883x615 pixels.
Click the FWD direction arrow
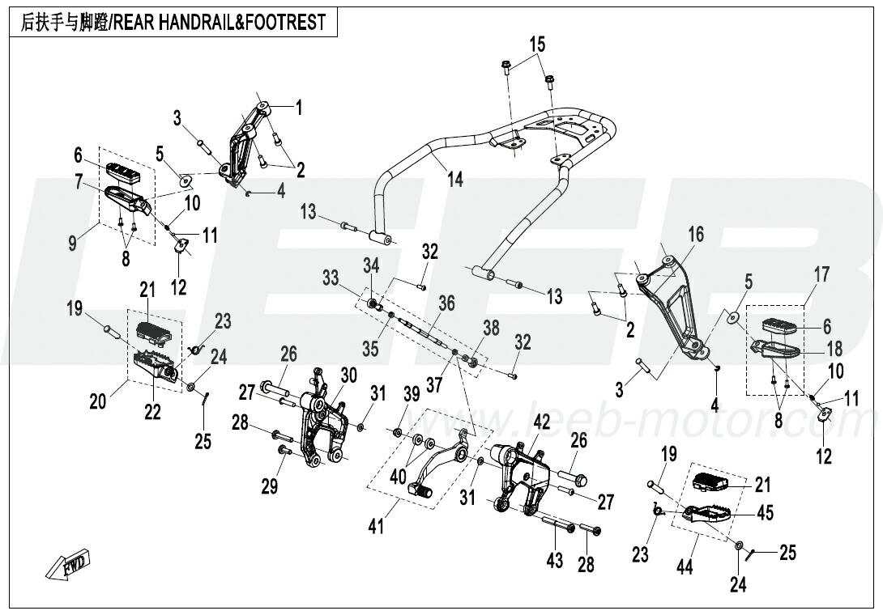point(69,564)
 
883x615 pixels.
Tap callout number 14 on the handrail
point(455,179)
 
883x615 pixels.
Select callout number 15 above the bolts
point(538,45)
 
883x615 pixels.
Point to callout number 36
point(447,303)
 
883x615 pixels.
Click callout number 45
point(764,512)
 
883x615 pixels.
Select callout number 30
point(348,375)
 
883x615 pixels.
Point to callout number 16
point(696,235)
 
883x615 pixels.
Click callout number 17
point(821,274)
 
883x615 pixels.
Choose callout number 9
point(74,242)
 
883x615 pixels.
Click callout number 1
point(297,106)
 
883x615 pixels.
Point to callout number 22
point(152,411)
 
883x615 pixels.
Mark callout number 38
point(491,328)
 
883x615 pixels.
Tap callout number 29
point(269,486)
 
